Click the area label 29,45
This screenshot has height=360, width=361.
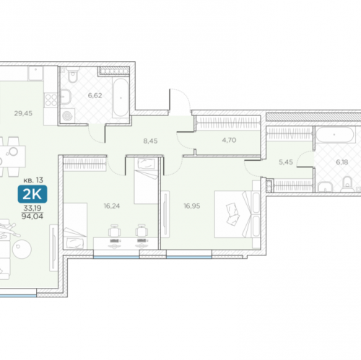(x=23, y=113)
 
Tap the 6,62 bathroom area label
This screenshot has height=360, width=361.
(x=95, y=95)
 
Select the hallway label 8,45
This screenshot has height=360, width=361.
(x=150, y=141)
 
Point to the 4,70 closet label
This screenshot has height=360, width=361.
(x=229, y=140)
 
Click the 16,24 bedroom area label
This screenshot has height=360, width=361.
(x=112, y=206)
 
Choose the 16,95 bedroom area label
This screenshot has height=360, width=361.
(x=192, y=206)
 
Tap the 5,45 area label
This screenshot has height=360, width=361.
(x=286, y=162)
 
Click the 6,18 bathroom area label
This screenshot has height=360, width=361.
(x=342, y=162)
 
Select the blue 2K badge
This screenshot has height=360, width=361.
(x=32, y=194)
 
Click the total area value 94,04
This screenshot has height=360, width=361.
(x=32, y=216)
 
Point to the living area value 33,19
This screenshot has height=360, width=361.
(x=32, y=208)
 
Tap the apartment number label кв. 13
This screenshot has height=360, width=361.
(x=33, y=180)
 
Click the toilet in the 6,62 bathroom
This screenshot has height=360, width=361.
(x=73, y=75)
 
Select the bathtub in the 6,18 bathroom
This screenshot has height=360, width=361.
(x=334, y=135)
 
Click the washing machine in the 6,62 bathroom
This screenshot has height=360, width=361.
(x=68, y=116)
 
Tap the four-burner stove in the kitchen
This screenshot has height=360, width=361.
(x=51, y=100)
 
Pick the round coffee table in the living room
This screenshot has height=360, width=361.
(x=22, y=249)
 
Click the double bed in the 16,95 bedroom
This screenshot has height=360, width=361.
(x=238, y=214)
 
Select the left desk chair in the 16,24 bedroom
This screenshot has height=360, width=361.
(x=115, y=231)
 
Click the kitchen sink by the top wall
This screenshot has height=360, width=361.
(x=35, y=74)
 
